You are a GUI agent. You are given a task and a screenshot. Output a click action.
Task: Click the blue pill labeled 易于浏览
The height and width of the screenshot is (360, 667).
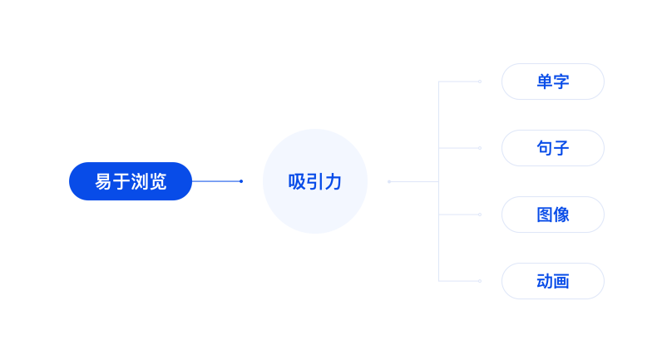pyautogui.click(x=131, y=181)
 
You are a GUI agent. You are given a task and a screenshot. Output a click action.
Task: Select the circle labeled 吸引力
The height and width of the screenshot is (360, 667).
pyautogui.click(x=314, y=181)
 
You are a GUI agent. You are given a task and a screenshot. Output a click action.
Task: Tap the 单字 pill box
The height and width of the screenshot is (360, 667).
pyautogui.click(x=552, y=81)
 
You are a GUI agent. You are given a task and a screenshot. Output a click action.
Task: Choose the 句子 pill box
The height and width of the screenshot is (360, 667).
pyautogui.click(x=552, y=148)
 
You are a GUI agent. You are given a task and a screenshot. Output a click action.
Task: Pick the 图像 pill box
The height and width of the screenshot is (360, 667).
pyautogui.click(x=552, y=215)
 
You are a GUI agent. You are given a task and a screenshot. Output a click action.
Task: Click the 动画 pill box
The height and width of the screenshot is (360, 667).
pyautogui.click(x=552, y=281)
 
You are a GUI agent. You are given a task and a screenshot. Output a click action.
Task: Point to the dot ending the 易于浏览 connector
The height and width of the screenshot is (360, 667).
pyautogui.click(x=241, y=181)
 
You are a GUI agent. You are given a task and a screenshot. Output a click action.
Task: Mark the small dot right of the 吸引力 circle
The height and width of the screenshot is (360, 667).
pyautogui.click(x=389, y=181)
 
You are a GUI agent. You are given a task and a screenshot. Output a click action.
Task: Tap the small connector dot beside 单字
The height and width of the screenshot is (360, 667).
pyautogui.click(x=480, y=81)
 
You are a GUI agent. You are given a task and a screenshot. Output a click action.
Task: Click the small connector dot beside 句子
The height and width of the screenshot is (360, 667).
pyautogui.click(x=480, y=148)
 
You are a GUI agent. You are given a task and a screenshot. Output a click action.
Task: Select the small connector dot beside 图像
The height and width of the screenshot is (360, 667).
pyautogui.click(x=480, y=215)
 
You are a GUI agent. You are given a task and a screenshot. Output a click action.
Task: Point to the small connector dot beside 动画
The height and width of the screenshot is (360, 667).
pyautogui.click(x=480, y=281)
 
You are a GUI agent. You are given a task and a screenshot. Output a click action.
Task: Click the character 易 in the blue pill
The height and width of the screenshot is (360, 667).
pyautogui.click(x=103, y=181)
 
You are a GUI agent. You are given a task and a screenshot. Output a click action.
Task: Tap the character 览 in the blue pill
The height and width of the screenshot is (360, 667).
pyautogui.click(x=158, y=181)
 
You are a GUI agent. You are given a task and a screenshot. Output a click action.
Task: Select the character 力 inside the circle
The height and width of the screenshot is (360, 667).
pyautogui.click(x=333, y=182)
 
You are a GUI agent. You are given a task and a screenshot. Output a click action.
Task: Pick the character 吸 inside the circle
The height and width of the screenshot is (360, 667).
pyautogui.click(x=297, y=182)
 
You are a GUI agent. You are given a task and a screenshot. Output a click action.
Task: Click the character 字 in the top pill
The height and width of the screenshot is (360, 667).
pyautogui.click(x=561, y=81)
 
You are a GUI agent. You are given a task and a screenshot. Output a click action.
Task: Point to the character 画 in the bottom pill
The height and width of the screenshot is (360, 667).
pyautogui.click(x=561, y=281)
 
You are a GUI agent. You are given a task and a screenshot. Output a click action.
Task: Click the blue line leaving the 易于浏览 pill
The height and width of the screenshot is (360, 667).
pyautogui.click(x=216, y=181)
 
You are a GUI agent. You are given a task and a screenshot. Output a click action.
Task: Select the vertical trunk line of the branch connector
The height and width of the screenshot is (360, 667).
pyautogui.click(x=438, y=181)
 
